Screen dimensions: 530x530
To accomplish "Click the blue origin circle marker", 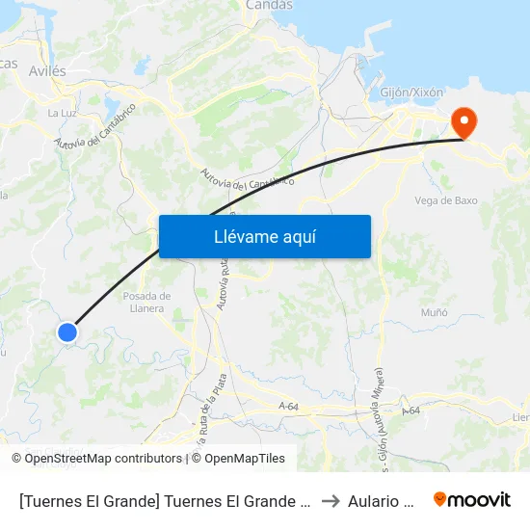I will [66, 332].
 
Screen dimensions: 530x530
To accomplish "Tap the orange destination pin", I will [464, 122].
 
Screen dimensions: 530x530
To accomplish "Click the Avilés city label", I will [46, 70].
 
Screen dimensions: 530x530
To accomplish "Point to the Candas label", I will [269, 6].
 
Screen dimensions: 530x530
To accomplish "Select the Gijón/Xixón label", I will [411, 93].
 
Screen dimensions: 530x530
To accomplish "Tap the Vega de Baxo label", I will [445, 200].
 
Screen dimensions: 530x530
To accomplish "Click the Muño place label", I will [435, 313].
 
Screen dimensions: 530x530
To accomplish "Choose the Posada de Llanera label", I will [147, 302].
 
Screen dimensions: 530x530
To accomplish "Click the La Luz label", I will [62, 113].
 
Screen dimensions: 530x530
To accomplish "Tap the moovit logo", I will [472, 499].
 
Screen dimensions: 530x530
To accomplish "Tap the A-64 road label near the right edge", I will [412, 411].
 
